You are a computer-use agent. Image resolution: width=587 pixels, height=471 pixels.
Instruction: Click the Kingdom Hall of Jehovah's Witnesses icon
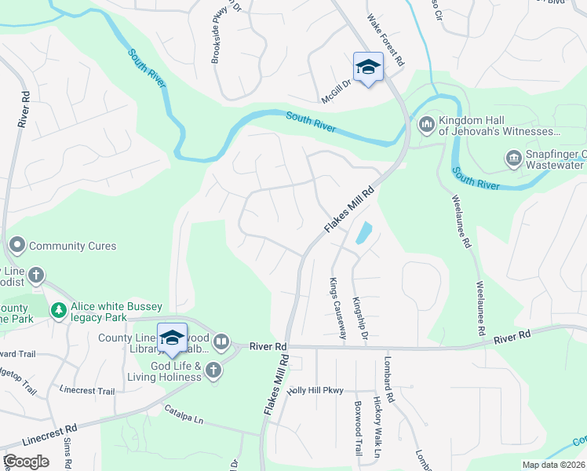click(x=427, y=124)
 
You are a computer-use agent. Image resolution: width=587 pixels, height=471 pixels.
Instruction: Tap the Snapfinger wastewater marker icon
click(x=514, y=159)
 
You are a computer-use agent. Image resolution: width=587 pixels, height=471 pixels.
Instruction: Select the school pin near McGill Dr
click(x=367, y=67)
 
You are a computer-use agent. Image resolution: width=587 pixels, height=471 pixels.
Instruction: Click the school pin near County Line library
click(x=173, y=338)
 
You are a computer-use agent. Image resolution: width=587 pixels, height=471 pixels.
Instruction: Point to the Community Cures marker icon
click(x=17, y=246)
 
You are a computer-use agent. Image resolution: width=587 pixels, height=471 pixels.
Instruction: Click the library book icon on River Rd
click(x=222, y=341)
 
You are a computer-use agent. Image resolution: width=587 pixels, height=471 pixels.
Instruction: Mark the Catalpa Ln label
click(x=184, y=414)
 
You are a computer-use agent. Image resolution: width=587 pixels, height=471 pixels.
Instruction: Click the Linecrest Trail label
click(x=87, y=391)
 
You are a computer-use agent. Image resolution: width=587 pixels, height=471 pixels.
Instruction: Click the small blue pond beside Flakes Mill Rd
click(x=363, y=233)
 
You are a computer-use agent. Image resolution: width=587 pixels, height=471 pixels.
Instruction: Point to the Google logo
click(x=27, y=462)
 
